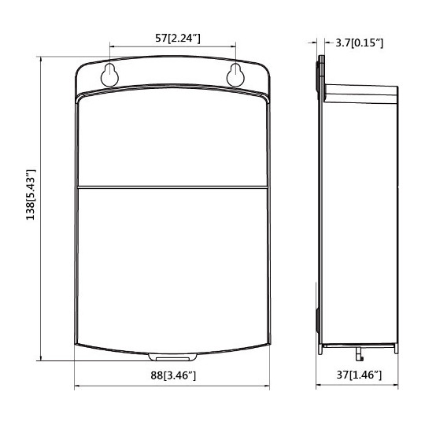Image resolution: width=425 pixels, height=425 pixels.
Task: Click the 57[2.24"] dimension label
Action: pyautogui.click(x=173, y=37)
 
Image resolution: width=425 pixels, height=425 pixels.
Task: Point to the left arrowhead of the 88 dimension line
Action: pyautogui.click(x=77, y=386)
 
